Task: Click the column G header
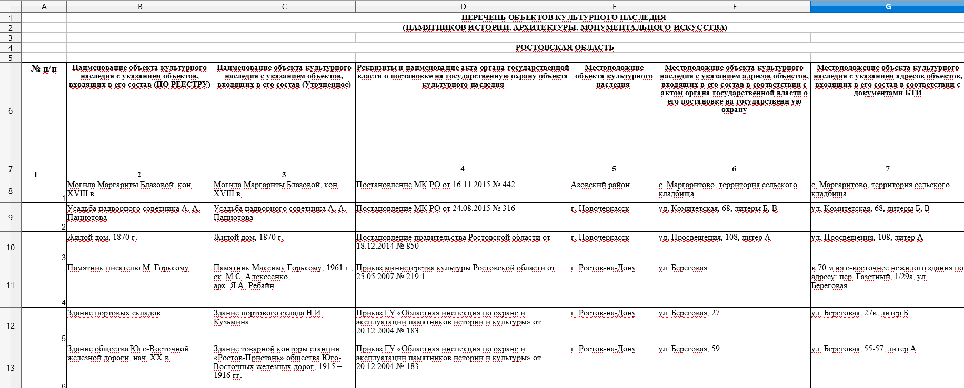pos(888,7)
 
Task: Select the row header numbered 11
pos(11,285)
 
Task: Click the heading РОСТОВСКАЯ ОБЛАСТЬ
pos(564,48)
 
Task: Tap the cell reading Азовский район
pos(600,185)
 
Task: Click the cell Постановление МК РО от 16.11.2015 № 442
pos(435,185)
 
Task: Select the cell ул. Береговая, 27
pos(689,313)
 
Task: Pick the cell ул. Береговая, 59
pos(689,349)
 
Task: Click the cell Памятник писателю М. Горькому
pos(128,268)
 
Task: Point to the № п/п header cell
pos(44,69)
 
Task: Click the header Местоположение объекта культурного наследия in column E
pos(614,76)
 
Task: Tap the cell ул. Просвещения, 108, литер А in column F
pos(714,238)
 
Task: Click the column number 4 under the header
pos(462,169)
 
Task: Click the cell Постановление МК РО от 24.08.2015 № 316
pos(435,209)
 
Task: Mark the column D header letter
pos(463,7)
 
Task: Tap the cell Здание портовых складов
pos(114,313)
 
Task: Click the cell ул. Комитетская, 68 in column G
pos(870,209)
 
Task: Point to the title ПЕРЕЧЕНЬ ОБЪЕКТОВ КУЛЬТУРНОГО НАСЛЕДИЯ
pos(563,18)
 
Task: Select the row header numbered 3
pos(11,38)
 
